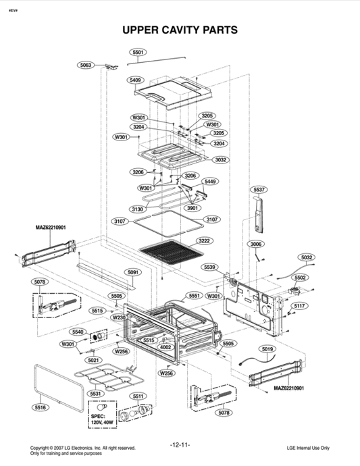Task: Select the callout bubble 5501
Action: tap(138, 52)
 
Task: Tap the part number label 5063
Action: tap(86, 65)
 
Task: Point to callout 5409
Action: tap(136, 80)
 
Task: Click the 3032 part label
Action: tap(221, 159)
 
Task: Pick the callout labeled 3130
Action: tap(137, 209)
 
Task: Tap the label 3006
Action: tap(256, 243)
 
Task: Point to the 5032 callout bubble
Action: tap(307, 257)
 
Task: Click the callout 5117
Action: tap(300, 306)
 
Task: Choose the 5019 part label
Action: tap(268, 349)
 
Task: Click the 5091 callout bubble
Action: tap(132, 272)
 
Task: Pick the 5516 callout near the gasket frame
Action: tap(41, 408)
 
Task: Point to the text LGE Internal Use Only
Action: tap(307, 447)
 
